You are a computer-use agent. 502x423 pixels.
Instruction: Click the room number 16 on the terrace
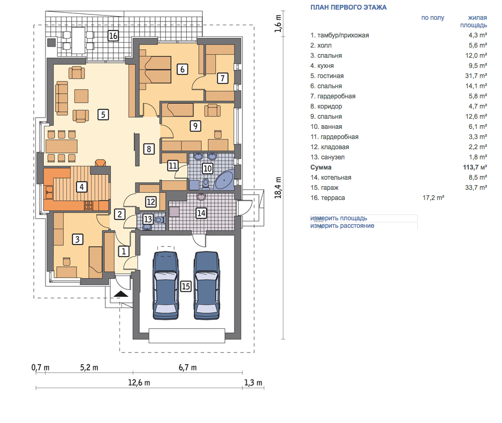113,35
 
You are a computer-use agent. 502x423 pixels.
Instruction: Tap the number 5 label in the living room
103,114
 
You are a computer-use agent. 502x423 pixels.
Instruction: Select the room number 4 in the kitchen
82,187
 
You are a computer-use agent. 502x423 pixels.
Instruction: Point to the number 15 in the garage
186,286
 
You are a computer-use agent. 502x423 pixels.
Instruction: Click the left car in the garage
165,286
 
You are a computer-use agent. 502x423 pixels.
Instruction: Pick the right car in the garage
207,286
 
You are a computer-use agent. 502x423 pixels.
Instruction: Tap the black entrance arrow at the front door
121,294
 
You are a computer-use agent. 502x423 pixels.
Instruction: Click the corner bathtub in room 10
224,181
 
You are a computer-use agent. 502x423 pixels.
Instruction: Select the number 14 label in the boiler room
201,213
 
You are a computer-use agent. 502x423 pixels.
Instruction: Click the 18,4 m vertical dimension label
278,188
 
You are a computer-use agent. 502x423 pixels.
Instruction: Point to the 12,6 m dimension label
139,383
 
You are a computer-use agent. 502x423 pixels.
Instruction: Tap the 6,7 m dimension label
188,367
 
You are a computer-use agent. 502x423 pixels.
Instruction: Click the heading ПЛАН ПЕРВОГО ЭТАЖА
348,7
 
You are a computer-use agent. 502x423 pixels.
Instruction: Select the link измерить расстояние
342,226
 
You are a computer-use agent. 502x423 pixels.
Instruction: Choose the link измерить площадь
338,218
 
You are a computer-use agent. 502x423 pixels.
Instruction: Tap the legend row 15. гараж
324,188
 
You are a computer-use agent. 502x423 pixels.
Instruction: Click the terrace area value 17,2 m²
433,198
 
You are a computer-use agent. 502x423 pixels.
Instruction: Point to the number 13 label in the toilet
148,219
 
